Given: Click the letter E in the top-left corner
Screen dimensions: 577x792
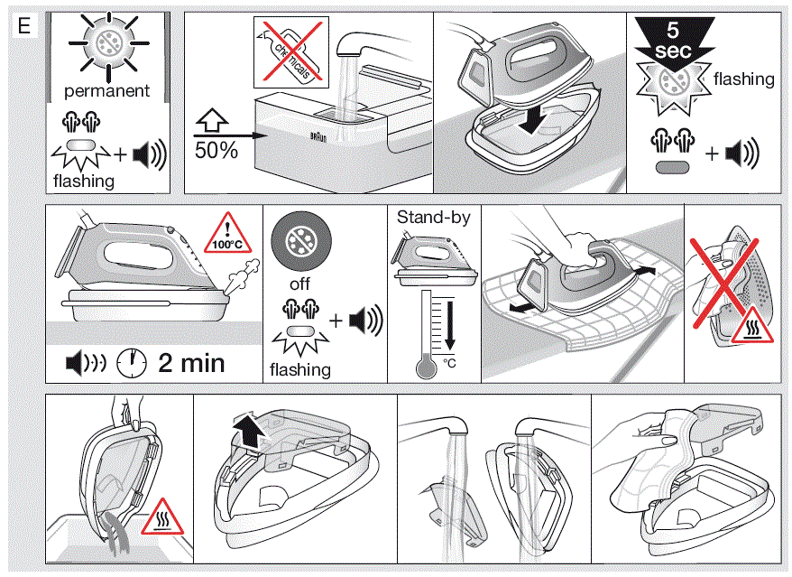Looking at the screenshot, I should (x=24, y=26).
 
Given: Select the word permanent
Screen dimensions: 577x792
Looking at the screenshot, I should (x=106, y=92).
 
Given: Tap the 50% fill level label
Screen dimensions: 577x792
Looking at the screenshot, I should (x=216, y=150).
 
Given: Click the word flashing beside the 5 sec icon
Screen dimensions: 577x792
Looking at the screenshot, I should (x=743, y=79).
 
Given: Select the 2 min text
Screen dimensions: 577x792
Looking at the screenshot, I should (x=192, y=363).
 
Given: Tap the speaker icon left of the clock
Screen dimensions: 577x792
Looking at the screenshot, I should (x=86, y=363).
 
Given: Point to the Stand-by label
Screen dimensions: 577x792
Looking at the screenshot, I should (x=433, y=218).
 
